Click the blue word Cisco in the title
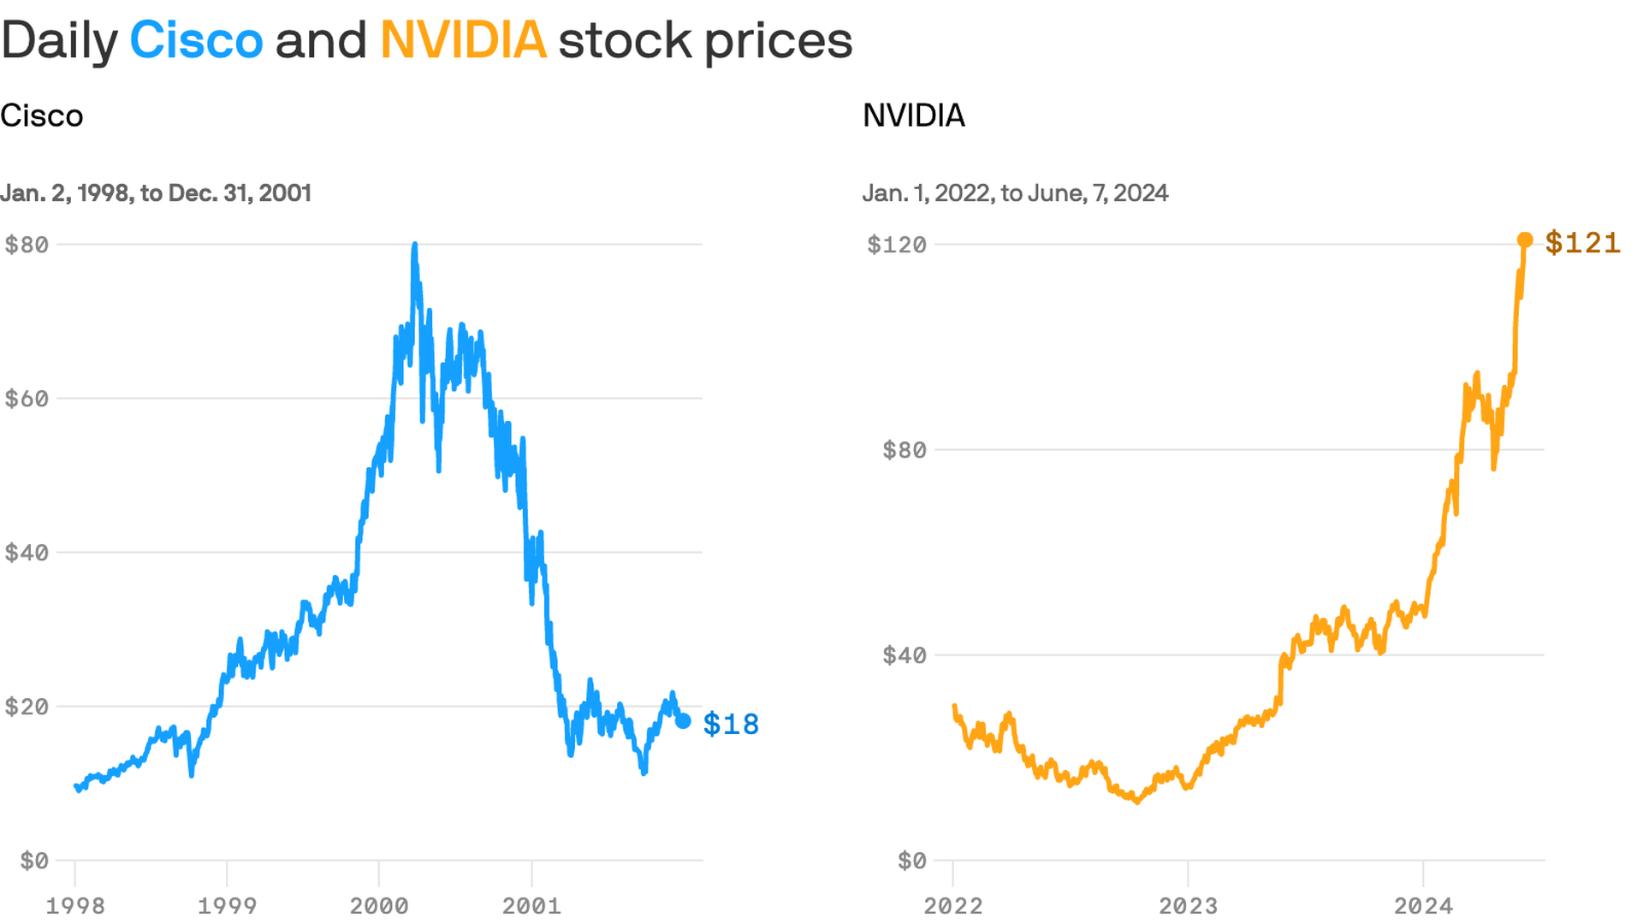[196, 40]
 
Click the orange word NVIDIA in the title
[463, 40]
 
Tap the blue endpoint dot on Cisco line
[683, 721]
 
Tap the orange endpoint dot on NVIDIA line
[1525, 240]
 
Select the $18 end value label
[731, 725]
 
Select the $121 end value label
[1582, 243]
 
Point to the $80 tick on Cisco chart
[27, 245]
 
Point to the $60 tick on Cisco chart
[27, 399]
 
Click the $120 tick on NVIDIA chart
[896, 245]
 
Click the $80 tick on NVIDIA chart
[904, 450]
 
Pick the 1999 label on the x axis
[227, 906]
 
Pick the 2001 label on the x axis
[531, 906]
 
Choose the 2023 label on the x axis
[1188, 906]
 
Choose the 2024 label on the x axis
[1423, 906]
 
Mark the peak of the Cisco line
[415, 246]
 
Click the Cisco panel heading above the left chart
[42, 115]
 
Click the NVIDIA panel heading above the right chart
[913, 115]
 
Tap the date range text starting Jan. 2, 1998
[156, 193]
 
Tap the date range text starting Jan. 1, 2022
[1015, 193]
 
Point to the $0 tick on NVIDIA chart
[911, 861]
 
